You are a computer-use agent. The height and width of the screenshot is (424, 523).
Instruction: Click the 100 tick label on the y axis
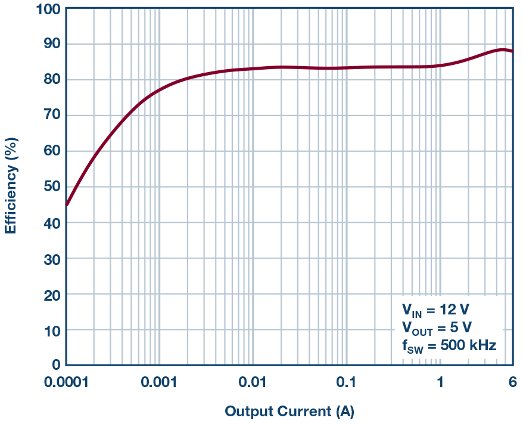(48, 9)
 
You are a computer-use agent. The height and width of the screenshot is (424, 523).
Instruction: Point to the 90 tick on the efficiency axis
(51, 44)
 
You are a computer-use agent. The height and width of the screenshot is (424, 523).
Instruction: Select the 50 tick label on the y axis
(51, 187)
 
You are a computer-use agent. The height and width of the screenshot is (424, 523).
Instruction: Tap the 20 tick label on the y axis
(51, 294)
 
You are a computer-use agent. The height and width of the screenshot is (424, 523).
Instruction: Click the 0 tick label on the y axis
(55, 365)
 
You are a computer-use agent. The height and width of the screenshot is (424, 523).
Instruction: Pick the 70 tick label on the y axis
(51, 116)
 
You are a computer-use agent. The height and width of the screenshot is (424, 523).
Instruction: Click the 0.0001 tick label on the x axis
(66, 382)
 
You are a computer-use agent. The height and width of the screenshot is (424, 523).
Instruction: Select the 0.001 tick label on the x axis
(159, 382)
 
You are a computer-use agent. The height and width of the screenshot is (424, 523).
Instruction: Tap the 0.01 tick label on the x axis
(253, 382)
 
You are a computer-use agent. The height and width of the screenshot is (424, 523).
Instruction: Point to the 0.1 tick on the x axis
(346, 382)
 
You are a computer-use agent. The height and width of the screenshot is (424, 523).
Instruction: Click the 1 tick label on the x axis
(440, 382)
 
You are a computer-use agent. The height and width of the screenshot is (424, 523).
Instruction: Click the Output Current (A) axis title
(289, 411)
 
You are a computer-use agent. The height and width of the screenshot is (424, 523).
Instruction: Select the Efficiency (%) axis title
(11, 186)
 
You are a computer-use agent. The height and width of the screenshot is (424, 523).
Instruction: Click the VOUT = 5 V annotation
(437, 328)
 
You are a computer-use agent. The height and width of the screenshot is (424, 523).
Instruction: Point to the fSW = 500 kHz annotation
(449, 345)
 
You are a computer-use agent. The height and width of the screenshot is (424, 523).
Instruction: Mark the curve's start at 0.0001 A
(66, 205)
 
